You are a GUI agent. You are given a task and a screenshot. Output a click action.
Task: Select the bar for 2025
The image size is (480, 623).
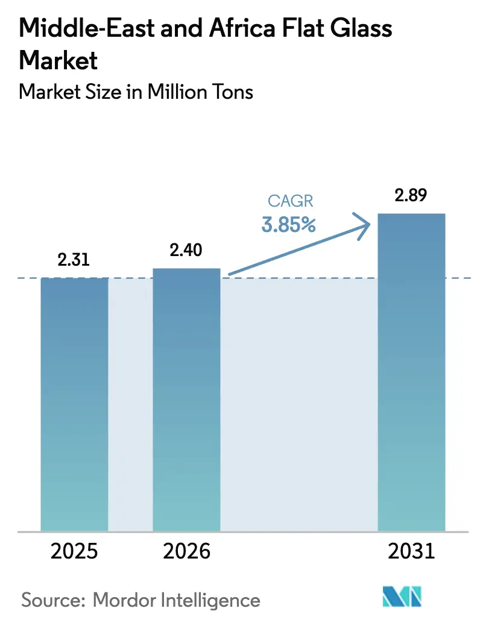point(74,404)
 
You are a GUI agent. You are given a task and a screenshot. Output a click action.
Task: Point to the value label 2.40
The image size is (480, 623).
point(186,251)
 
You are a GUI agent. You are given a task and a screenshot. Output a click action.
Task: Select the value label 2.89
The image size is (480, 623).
point(411,196)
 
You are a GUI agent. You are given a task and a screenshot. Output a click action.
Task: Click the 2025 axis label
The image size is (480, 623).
point(75,551)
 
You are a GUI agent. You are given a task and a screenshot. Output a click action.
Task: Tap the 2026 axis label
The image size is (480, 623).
point(186,551)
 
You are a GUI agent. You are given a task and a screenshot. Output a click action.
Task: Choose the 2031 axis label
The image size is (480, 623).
point(411,551)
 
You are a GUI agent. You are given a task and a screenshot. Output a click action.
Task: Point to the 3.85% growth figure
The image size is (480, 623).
point(288,225)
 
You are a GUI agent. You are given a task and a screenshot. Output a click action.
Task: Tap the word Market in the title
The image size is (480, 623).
point(58,60)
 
